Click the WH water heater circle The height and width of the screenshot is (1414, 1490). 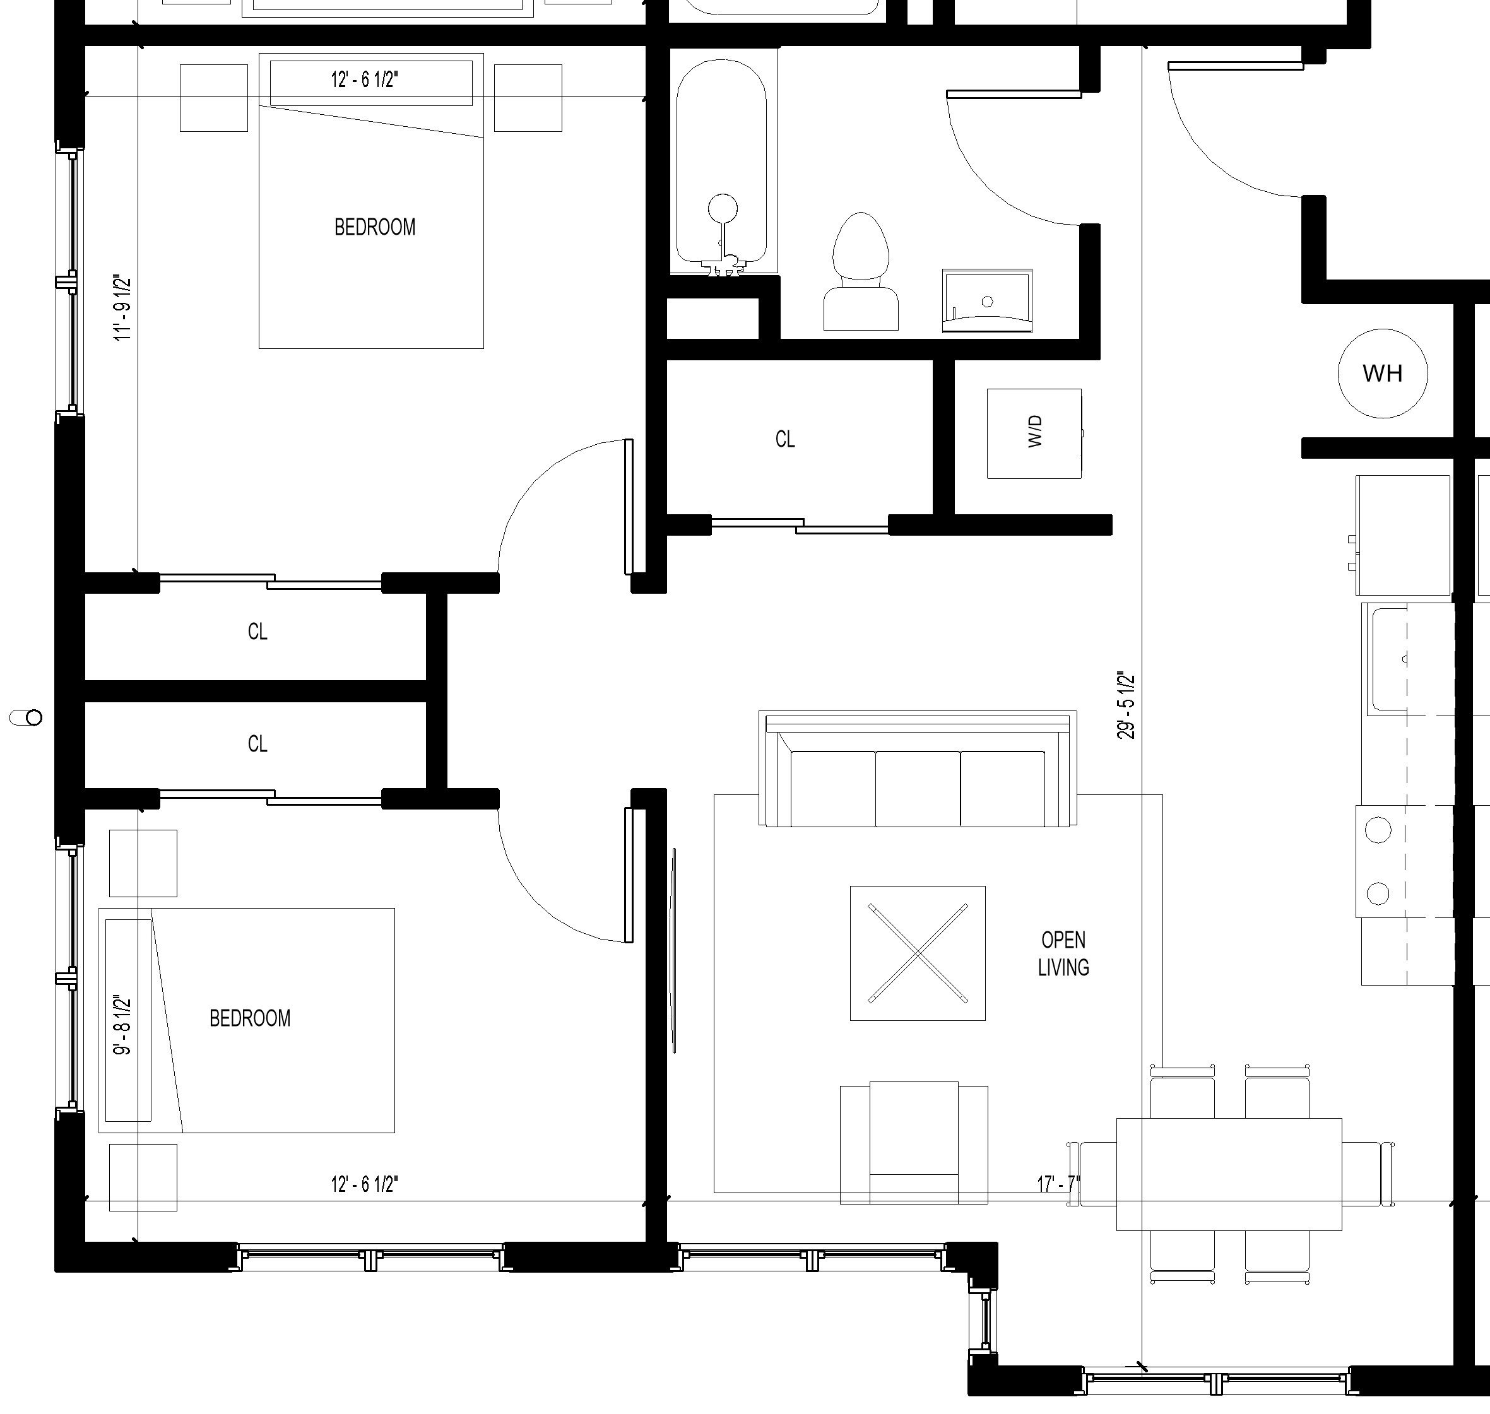click(1382, 373)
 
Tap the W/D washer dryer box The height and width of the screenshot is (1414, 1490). click(1034, 433)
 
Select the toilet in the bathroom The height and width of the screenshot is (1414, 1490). click(860, 271)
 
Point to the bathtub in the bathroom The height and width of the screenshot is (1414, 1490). click(721, 166)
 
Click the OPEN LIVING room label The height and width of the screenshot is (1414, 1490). click(1063, 953)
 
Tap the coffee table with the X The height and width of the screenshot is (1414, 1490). click(918, 953)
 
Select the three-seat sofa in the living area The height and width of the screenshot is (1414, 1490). click(918, 769)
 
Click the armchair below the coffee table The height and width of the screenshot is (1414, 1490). click(914, 1143)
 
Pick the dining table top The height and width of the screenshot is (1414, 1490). click(1229, 1174)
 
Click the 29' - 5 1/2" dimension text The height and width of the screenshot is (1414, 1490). click(1126, 705)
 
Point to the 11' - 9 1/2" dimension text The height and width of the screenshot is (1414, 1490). click(123, 309)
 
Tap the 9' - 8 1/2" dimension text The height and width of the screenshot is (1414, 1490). click(123, 1025)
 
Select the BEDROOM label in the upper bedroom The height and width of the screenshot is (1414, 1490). click(375, 227)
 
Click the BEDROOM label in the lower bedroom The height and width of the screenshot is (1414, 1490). click(249, 1018)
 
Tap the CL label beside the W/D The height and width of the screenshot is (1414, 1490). click(785, 439)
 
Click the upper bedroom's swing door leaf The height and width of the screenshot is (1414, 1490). click(629, 507)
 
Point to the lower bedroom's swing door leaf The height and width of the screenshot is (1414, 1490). click(629, 875)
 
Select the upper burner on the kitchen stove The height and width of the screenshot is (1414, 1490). click(1378, 830)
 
